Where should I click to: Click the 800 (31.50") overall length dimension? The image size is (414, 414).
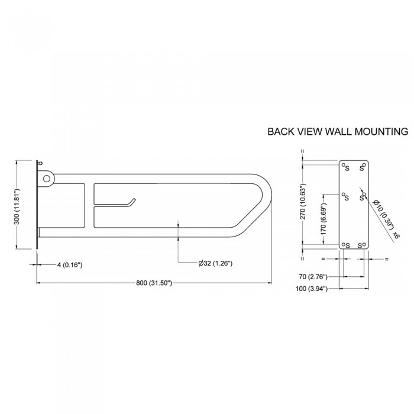[154, 283]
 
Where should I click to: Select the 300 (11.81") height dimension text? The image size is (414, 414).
[17, 206]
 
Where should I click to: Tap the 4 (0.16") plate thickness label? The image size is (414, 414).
[70, 264]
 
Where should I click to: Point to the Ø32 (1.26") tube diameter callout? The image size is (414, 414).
[215, 263]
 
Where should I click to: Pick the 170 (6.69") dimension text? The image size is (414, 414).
[324, 219]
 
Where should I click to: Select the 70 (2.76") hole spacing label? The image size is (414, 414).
[313, 277]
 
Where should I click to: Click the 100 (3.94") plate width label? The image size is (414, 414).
[312, 289]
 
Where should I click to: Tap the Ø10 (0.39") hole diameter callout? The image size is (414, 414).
[383, 214]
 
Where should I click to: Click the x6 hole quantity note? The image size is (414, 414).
[396, 235]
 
